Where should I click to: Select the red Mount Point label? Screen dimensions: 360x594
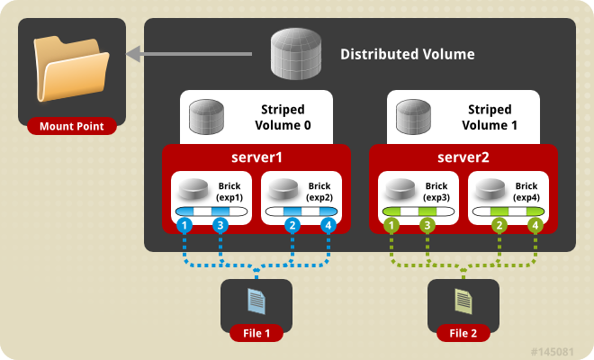(72, 126)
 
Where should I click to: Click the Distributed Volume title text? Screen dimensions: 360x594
(407, 55)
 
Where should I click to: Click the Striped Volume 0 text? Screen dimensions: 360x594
(281, 117)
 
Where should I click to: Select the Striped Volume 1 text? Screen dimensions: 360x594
(490, 117)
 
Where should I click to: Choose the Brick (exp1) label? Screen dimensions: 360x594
(229, 190)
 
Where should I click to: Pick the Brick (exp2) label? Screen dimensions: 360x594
(319, 190)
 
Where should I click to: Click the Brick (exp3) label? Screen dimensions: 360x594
(437, 190)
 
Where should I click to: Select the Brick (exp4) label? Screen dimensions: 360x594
(527, 190)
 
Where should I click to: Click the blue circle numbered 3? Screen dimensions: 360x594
(220, 226)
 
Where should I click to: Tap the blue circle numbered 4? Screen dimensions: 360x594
(328, 226)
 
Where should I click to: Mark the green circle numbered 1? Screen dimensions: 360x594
(391, 226)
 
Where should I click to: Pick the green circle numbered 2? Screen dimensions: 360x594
(499, 226)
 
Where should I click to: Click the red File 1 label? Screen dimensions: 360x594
(256, 333)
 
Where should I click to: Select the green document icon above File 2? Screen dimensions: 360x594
(463, 299)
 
